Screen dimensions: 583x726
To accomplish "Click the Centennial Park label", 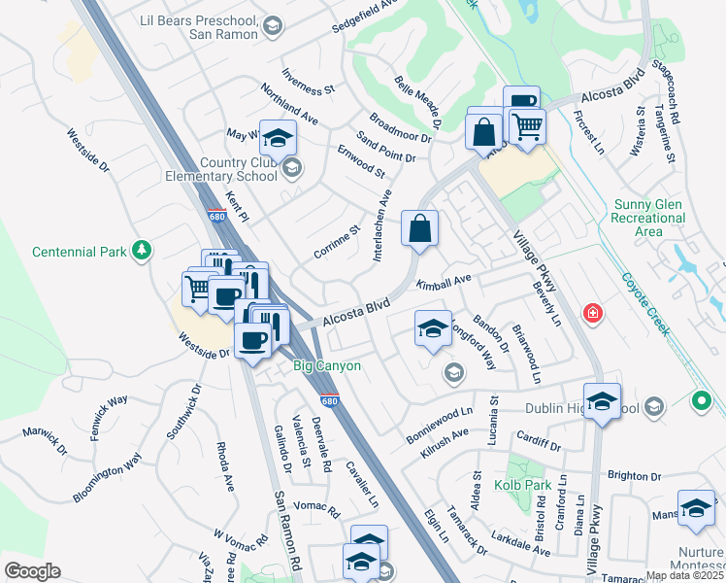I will click(x=80, y=252).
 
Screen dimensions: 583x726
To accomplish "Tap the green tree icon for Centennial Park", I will click(x=142, y=251).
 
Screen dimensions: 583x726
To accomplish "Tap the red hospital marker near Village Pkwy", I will click(x=591, y=314).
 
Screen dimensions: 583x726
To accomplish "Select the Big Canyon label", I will click(x=327, y=366).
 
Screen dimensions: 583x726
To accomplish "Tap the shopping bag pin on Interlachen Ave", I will click(x=419, y=229).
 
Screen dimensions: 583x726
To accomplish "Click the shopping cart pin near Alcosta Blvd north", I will click(x=526, y=126).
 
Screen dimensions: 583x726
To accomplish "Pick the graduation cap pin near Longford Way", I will click(x=433, y=328).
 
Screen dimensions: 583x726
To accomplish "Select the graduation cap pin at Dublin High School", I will click(x=603, y=401).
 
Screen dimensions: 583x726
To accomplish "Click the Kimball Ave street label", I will click(x=444, y=282).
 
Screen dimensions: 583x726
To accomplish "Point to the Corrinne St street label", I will click(x=337, y=242).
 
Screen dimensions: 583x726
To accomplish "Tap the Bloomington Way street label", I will click(x=108, y=477).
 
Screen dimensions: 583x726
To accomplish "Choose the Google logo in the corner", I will click(x=32, y=571).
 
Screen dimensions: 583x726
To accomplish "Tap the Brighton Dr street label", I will click(x=634, y=476).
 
